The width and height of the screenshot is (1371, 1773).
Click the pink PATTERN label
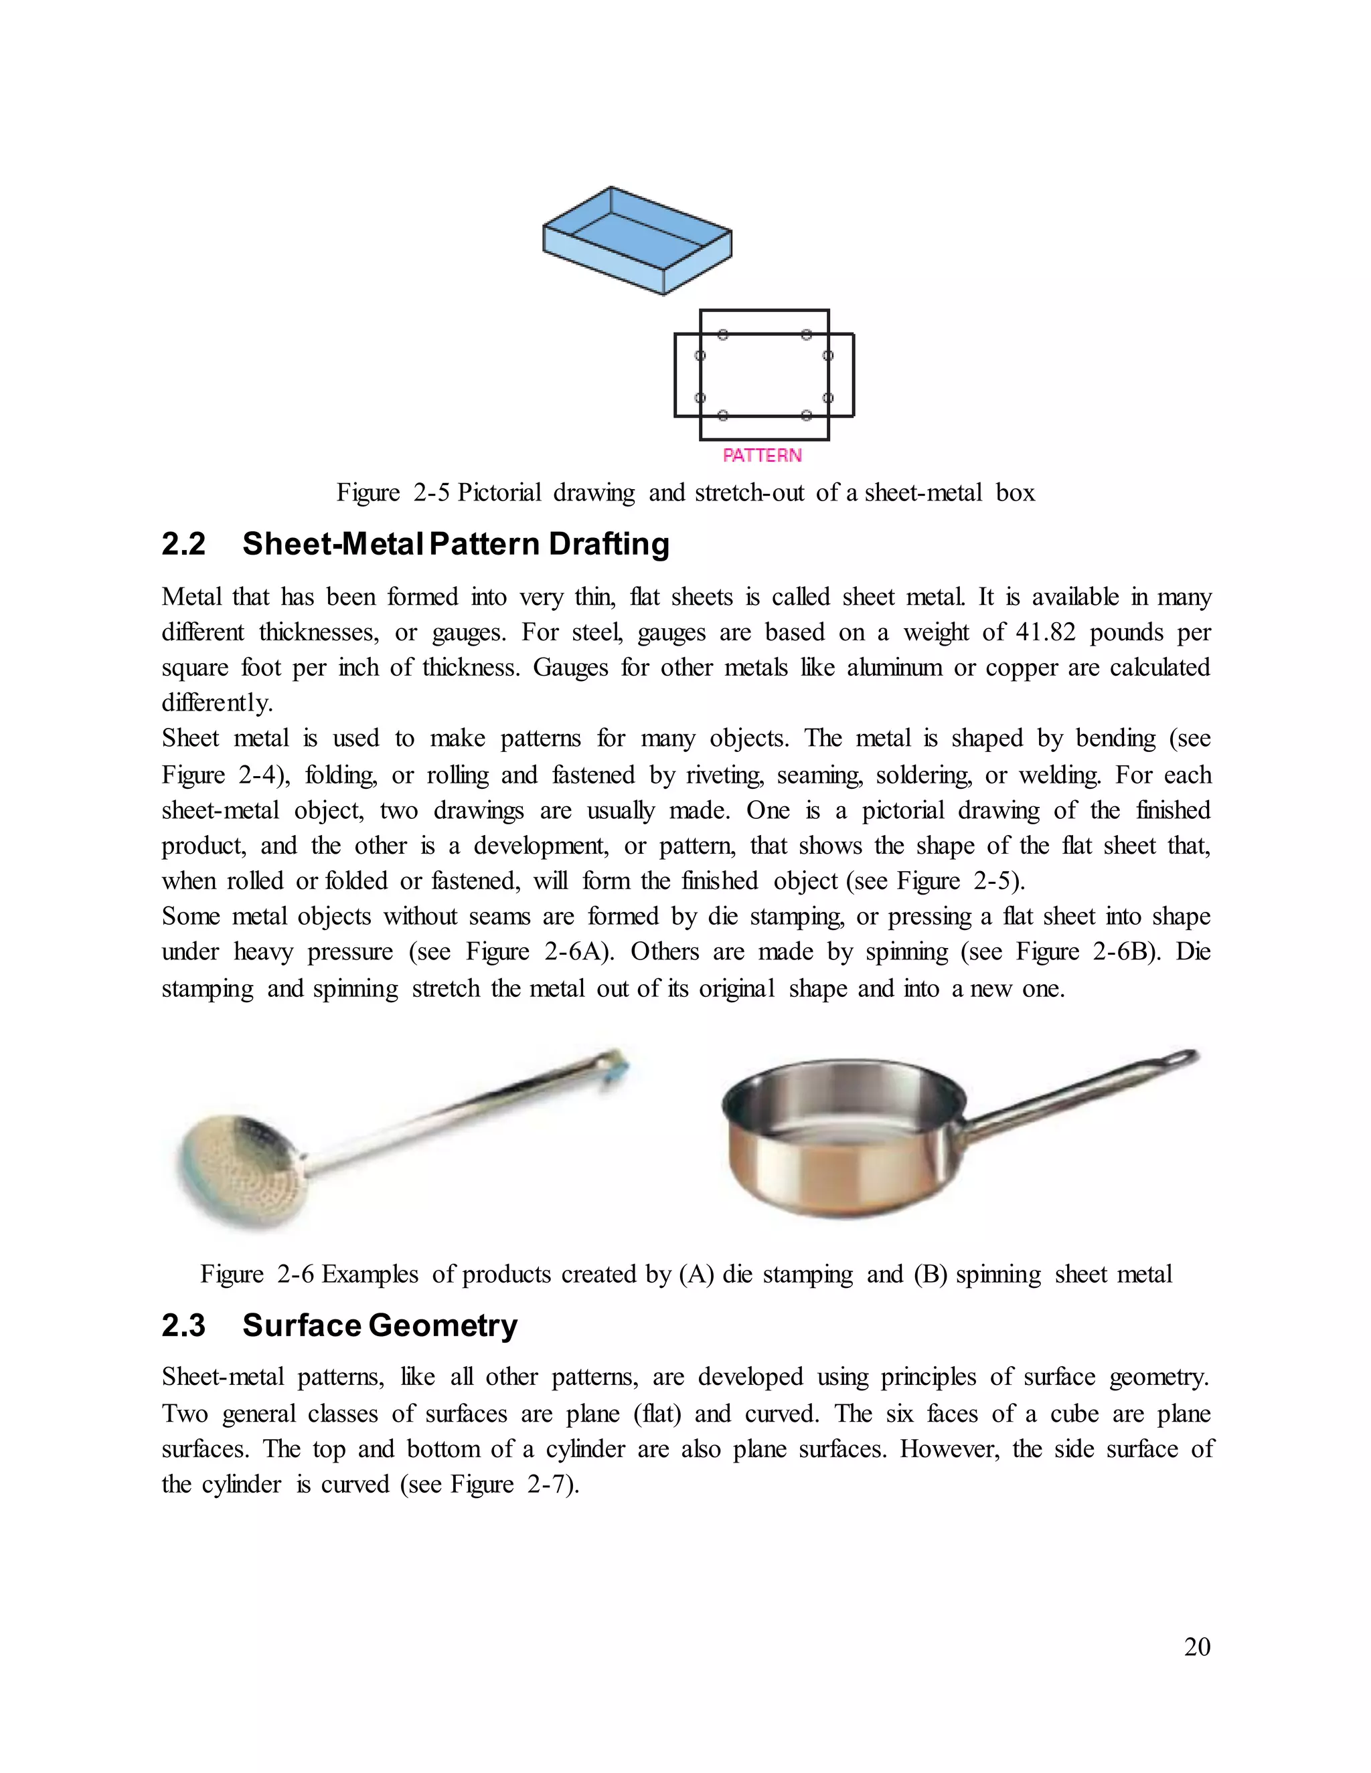point(762,456)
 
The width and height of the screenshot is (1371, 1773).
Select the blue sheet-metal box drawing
point(637,241)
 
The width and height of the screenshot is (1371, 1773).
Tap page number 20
point(1197,1647)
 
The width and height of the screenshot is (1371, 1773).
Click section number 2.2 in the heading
point(183,544)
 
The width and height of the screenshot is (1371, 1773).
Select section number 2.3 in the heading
point(183,1325)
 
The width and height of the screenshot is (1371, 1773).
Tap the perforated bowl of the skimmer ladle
point(241,1169)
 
